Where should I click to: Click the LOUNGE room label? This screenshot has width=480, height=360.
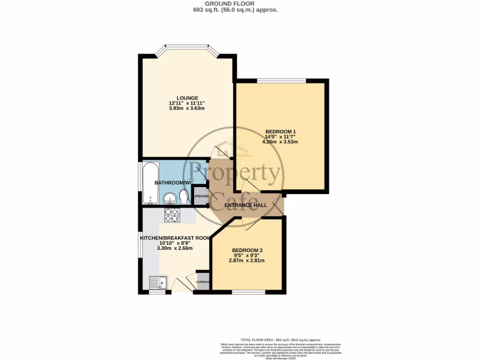point(187,98)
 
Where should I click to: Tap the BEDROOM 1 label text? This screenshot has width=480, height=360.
point(280,131)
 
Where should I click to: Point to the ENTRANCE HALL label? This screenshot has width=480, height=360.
point(246,205)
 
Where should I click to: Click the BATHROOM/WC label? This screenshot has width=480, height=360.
point(174,182)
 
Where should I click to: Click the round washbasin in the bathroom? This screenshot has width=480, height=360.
point(170,199)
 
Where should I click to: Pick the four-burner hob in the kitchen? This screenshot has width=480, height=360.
point(172,215)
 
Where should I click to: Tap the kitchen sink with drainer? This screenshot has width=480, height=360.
point(157,283)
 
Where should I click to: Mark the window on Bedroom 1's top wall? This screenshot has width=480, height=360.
point(281,81)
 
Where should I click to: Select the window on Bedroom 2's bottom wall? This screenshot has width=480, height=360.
point(248,292)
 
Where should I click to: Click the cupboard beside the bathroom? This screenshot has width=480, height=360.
point(201,196)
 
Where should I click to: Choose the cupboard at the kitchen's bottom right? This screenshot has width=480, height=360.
point(202,281)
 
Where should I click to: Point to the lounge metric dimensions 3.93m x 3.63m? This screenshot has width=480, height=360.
point(187,108)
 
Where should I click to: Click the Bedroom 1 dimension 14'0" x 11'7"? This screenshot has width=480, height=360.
point(280,136)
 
